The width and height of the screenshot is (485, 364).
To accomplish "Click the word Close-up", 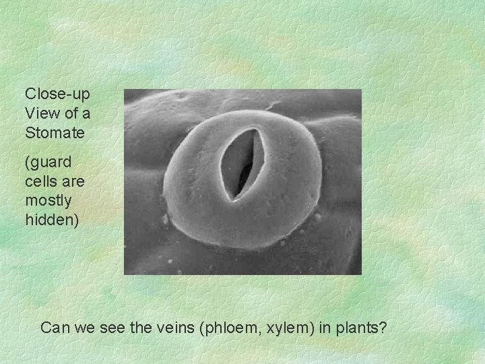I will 57,93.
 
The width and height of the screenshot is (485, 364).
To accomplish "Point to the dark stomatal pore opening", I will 243,165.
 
